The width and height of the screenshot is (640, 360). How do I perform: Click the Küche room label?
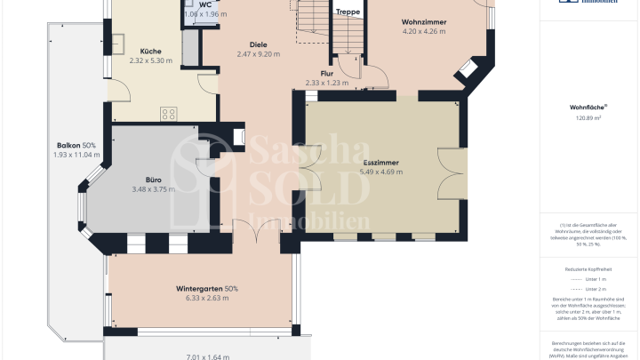tap(144, 52)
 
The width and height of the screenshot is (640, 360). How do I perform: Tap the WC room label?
tap(204, 5)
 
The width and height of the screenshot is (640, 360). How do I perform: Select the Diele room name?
tap(258, 44)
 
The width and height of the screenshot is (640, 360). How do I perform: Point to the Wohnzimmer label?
tap(423, 20)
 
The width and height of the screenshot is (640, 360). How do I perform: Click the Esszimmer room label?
tap(381, 164)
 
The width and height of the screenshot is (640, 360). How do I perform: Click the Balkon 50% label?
tap(76, 145)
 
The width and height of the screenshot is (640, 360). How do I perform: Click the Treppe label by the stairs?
tap(347, 12)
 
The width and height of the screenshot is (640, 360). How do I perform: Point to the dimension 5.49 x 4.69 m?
tap(381, 173)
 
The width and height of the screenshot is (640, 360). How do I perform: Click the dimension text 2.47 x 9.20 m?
tap(258, 54)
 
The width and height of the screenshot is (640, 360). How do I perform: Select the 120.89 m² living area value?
tap(588, 117)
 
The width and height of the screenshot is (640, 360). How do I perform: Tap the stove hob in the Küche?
tap(168, 113)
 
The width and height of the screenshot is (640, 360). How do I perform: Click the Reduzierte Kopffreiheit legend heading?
tap(588, 268)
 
